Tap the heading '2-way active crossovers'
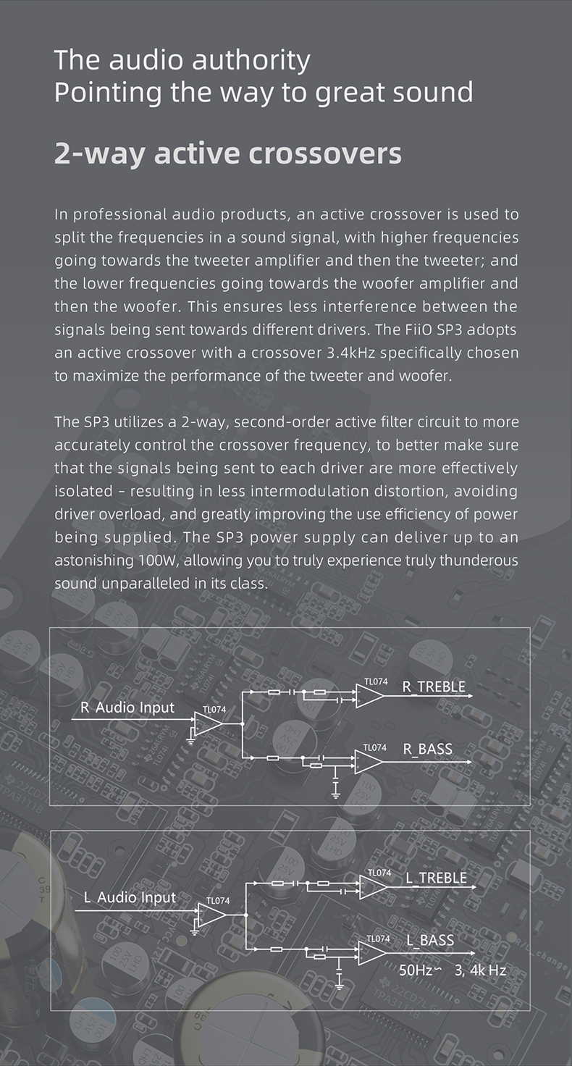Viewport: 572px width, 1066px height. pyautogui.click(x=227, y=154)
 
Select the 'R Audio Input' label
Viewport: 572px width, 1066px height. pyautogui.click(x=127, y=708)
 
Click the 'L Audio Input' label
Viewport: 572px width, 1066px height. pyautogui.click(x=130, y=897)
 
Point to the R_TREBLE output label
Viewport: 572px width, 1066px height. pyautogui.click(x=434, y=687)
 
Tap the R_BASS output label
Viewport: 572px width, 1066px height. pyautogui.click(x=427, y=749)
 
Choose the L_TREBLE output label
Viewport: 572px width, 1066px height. pyautogui.click(x=436, y=878)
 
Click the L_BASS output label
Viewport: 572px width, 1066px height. pyautogui.click(x=430, y=941)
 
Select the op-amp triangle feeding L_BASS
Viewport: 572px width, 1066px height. pyautogui.click(x=371, y=953)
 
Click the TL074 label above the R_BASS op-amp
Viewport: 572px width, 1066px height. pyautogui.click(x=374, y=747)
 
